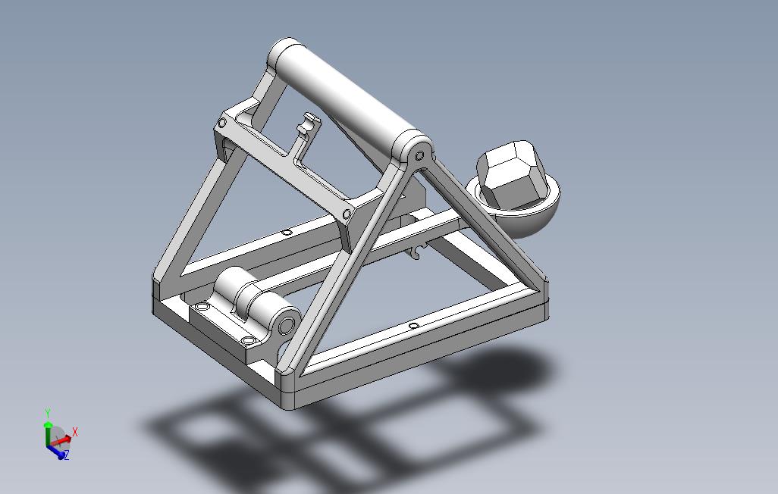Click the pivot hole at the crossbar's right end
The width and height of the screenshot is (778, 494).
coord(419,155)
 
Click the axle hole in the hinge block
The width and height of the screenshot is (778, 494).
coord(286,325)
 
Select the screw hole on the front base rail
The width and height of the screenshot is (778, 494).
coord(413,326)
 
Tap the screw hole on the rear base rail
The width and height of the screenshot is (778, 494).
coord(286,233)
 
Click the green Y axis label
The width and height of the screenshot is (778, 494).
coord(47,413)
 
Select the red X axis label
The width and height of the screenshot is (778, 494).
coord(75,432)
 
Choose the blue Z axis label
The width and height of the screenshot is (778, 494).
coord(66,455)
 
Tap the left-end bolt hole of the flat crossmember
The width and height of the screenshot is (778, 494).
coord(223,122)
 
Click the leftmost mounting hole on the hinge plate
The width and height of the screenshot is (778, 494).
coord(202,306)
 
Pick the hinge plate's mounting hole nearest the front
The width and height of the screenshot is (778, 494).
coord(246,342)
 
